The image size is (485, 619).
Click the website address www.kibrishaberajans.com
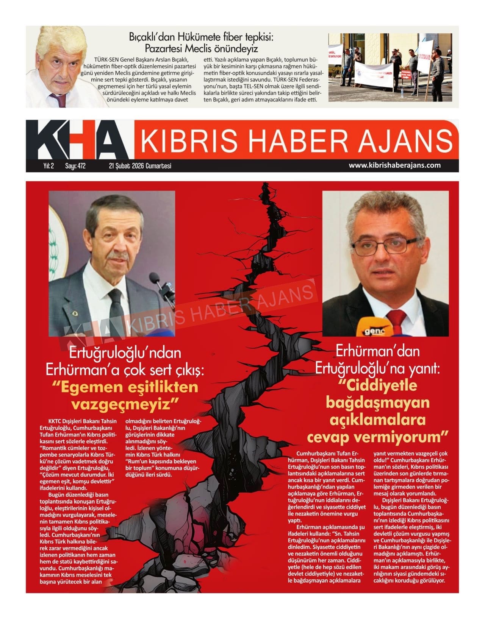click(394, 165)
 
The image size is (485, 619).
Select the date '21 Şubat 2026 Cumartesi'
click(140, 166)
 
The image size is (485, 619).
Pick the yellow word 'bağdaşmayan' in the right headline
click(378, 403)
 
